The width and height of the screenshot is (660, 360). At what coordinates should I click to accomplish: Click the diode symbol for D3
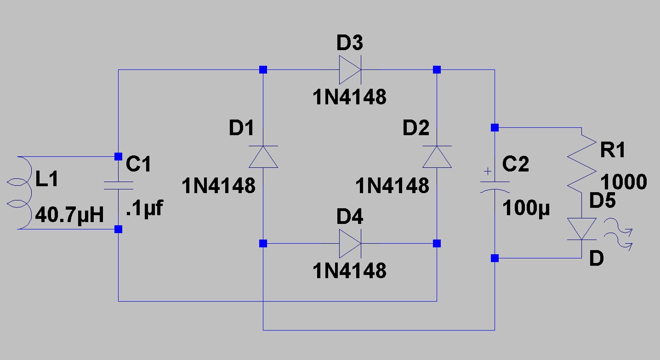(x=350, y=70)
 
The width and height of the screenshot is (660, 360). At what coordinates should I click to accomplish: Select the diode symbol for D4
(x=350, y=244)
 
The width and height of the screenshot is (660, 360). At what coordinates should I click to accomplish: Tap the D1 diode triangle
(x=263, y=157)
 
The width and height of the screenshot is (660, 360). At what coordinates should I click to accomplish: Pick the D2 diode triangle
(x=437, y=157)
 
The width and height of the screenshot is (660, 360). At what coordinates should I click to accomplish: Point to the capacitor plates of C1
(x=119, y=185)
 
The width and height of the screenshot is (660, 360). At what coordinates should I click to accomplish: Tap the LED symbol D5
(x=581, y=229)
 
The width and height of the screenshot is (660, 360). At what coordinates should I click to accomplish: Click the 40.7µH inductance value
(x=69, y=215)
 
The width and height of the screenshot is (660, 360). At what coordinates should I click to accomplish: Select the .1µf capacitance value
(x=144, y=208)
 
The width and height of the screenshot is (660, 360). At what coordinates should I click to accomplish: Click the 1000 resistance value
(x=624, y=182)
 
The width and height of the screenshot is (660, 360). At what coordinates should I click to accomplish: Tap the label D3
(x=350, y=42)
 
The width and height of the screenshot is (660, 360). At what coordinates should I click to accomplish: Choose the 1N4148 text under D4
(x=349, y=271)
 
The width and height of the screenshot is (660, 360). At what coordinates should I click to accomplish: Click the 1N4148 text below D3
(x=349, y=97)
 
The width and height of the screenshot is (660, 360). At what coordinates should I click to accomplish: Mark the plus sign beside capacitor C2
(x=488, y=171)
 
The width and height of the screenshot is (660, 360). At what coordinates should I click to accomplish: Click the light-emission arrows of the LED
(x=618, y=234)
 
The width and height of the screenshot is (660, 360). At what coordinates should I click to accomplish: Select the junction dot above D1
(x=263, y=70)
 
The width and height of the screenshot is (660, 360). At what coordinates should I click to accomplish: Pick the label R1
(x=613, y=150)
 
